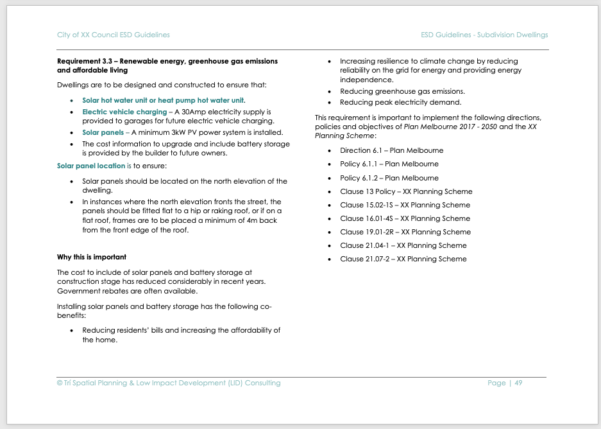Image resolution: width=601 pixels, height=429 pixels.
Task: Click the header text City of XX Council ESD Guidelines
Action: tap(113, 35)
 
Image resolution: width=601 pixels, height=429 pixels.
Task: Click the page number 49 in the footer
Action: tap(518, 383)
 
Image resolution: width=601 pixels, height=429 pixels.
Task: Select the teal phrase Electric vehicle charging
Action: tap(124, 112)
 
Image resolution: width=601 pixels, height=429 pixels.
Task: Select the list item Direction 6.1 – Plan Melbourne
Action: tap(391, 150)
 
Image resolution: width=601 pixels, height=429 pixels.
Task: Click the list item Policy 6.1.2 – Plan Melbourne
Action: tap(389, 178)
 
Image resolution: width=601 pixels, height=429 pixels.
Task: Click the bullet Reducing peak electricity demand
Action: tap(400, 102)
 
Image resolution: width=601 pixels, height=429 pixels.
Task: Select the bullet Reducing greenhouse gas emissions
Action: tap(402, 91)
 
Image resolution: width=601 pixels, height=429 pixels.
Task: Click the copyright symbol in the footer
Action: tap(60, 383)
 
